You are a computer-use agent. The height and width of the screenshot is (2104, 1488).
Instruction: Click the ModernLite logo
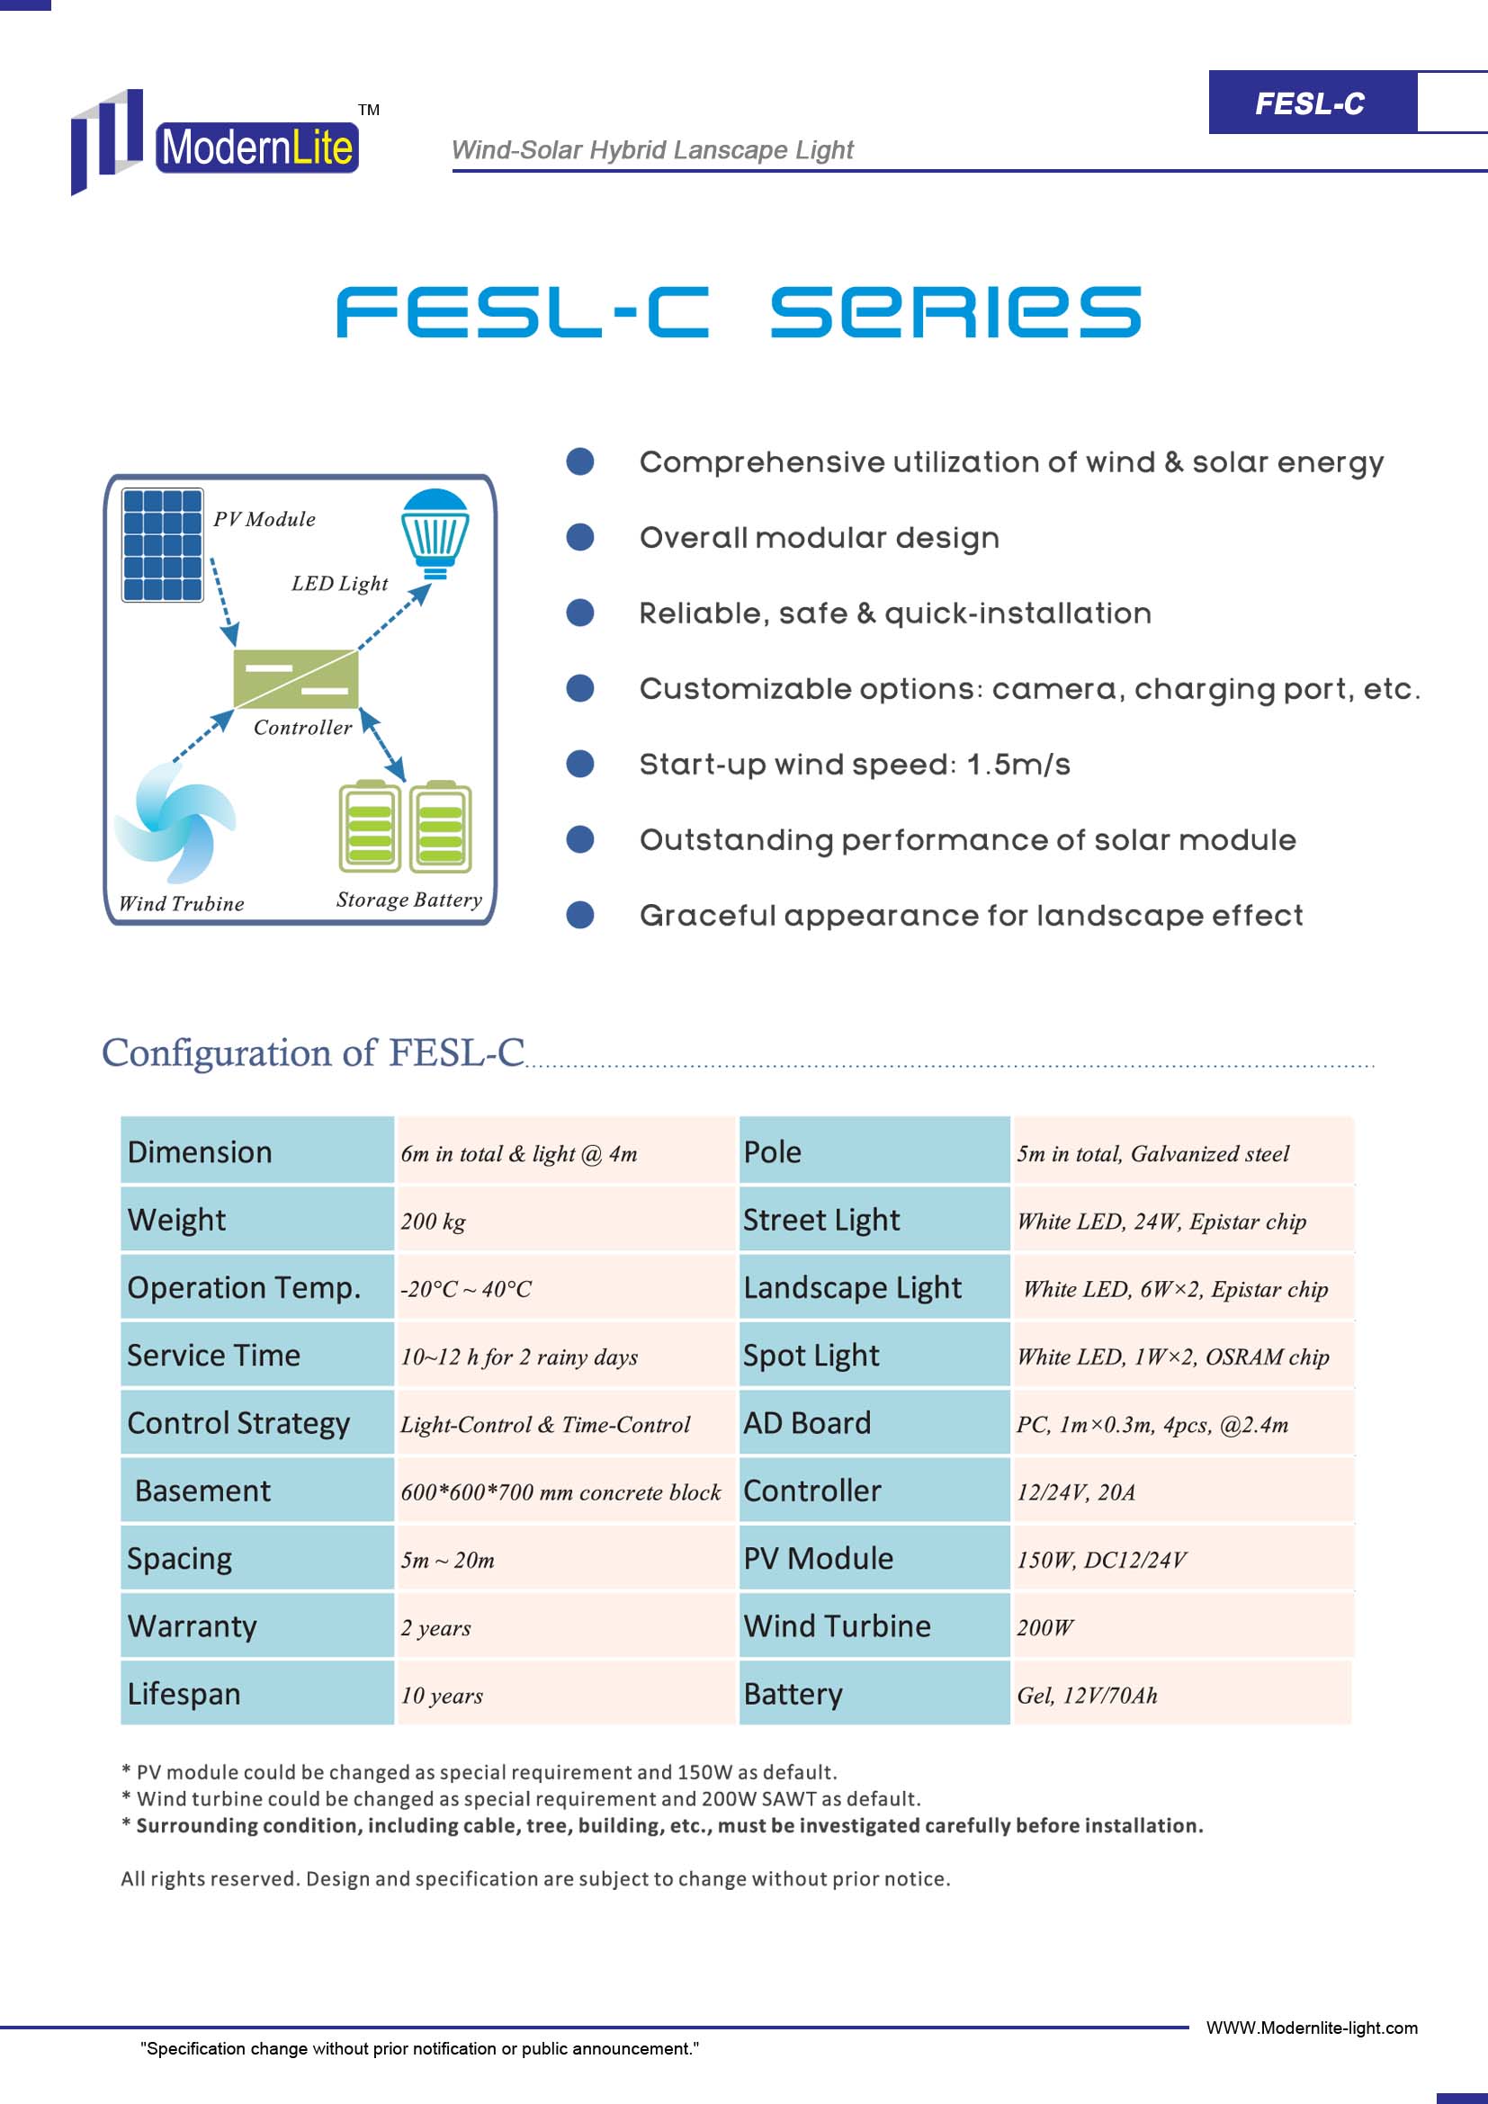click(x=216, y=141)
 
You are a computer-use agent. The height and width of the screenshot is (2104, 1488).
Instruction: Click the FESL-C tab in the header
click(x=1311, y=103)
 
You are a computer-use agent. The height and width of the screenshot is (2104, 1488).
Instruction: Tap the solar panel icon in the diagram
click(x=163, y=545)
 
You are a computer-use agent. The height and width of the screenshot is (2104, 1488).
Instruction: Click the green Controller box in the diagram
click(x=296, y=678)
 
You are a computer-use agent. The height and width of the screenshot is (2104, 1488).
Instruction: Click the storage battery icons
click(x=405, y=827)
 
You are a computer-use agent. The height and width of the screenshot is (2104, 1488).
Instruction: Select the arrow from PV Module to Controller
click(x=225, y=602)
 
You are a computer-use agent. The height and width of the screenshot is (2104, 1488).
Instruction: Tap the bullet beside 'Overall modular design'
click(x=580, y=537)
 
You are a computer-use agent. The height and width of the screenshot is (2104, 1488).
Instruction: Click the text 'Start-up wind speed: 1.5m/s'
click(x=855, y=765)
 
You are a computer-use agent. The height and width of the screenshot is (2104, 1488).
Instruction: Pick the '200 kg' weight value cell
click(x=566, y=1220)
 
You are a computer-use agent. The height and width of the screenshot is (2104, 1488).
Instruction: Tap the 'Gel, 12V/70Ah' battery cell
click(x=1182, y=1695)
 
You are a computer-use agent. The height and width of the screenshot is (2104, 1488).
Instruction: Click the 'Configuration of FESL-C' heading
click(x=313, y=1052)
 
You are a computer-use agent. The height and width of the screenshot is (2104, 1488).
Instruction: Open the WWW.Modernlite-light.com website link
click(x=1312, y=2028)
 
